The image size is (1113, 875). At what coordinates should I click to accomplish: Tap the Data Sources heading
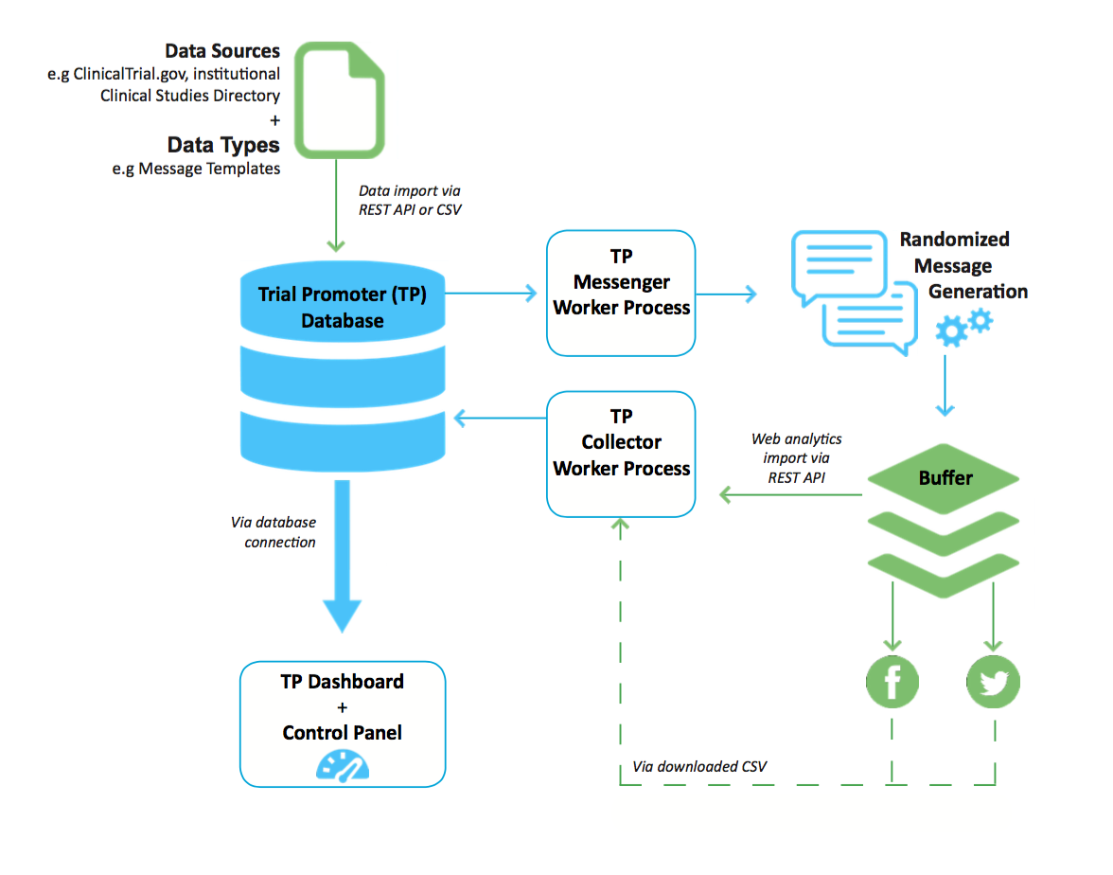[x=222, y=51]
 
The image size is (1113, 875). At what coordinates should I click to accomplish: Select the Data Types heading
[x=223, y=145]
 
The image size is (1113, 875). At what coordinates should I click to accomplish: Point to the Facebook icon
[x=892, y=682]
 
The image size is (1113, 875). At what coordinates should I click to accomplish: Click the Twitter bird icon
[x=994, y=682]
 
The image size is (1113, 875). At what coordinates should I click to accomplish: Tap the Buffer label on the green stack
[x=945, y=477]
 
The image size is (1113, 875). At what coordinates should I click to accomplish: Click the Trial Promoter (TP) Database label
[x=342, y=307]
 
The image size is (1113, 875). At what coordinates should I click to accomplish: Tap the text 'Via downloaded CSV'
[x=699, y=765]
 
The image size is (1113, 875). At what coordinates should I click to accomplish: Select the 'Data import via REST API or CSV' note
[x=410, y=201]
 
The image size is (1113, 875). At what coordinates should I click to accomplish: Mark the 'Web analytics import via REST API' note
[x=796, y=458]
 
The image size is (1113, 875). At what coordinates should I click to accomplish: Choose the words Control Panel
[x=342, y=733]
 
